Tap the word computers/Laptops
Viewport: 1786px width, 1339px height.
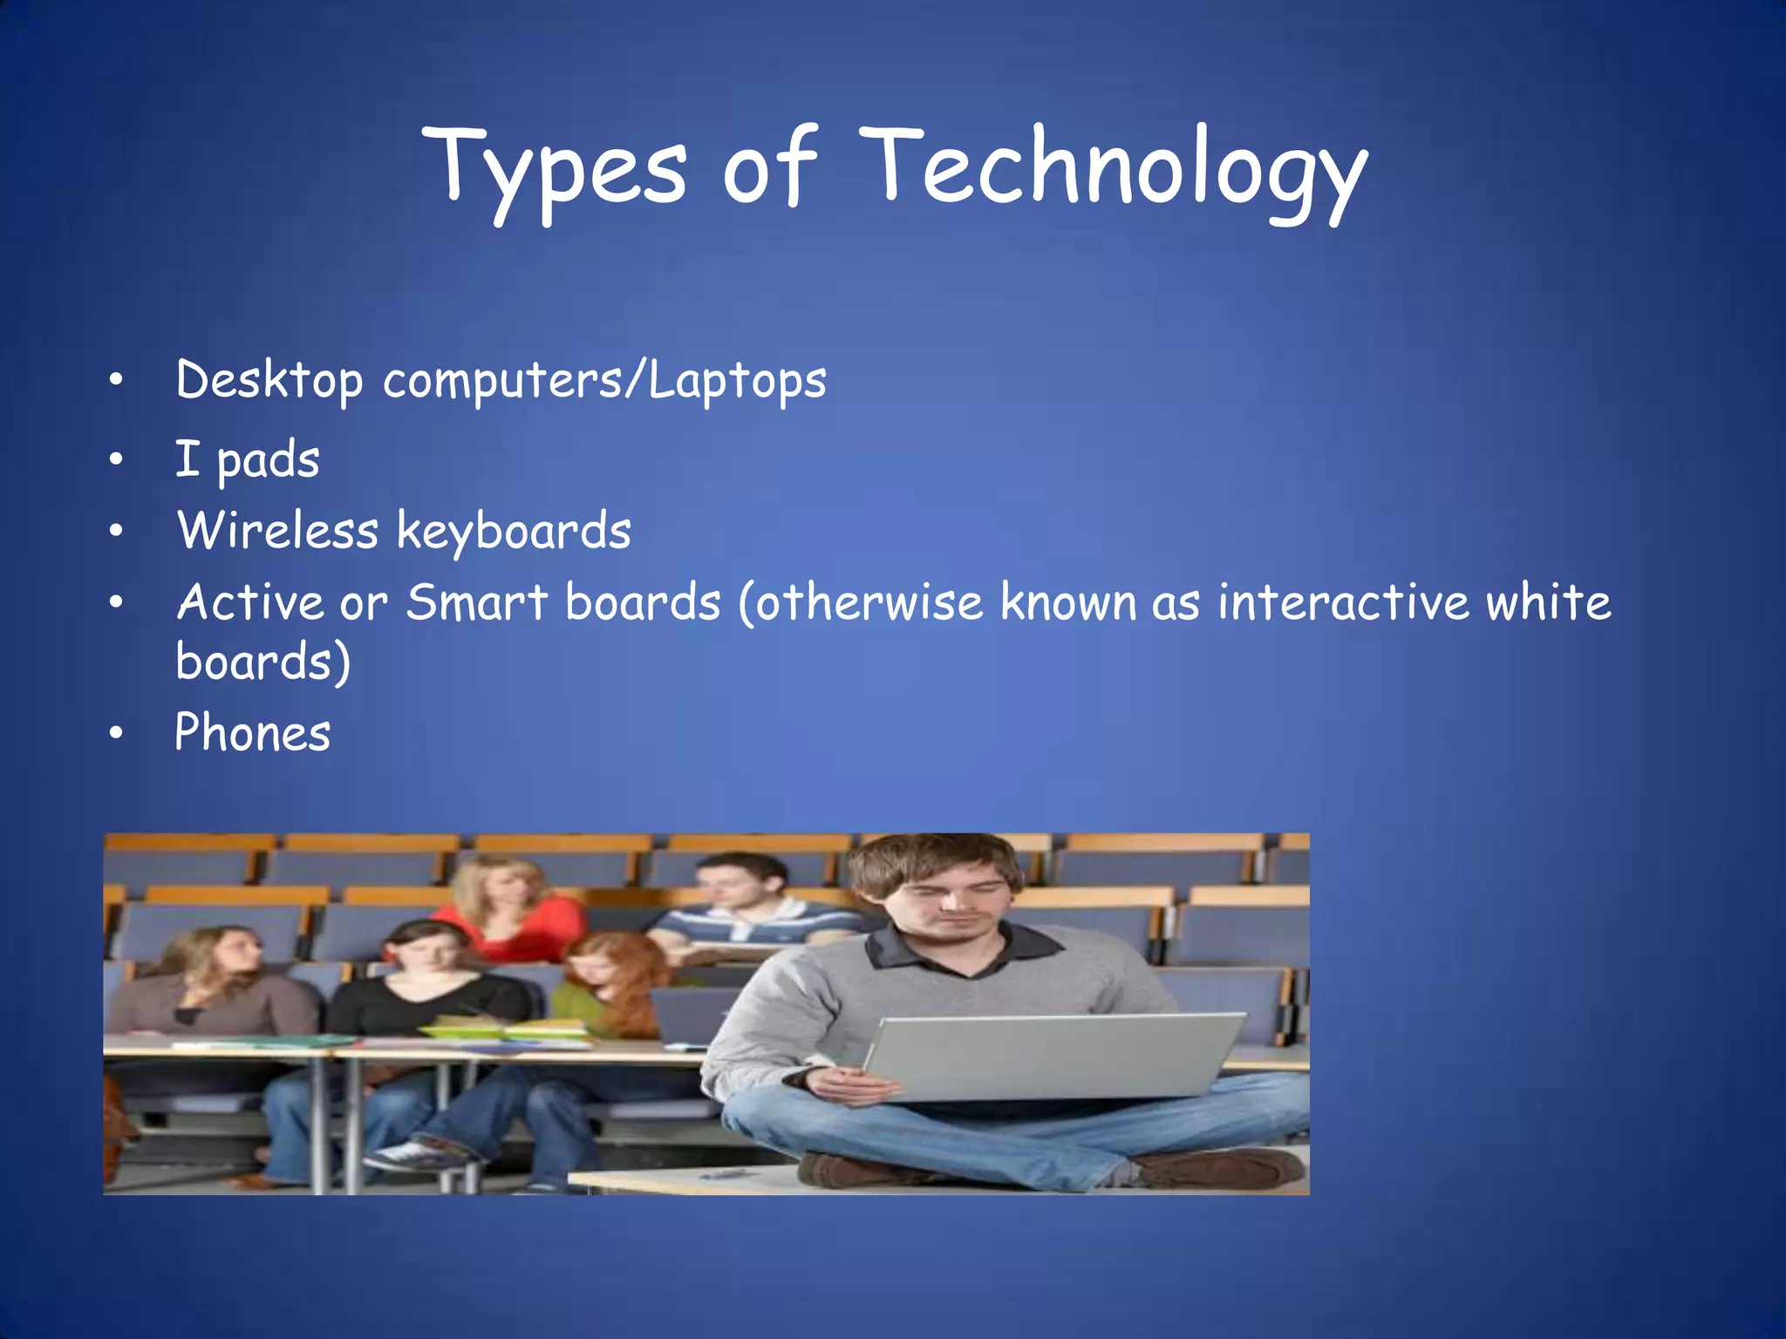click(604, 381)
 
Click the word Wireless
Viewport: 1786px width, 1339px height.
click(278, 530)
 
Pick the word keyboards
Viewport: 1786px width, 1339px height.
click(514, 532)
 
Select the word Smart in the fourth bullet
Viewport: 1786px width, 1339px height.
click(477, 602)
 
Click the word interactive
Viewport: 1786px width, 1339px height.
click(1344, 602)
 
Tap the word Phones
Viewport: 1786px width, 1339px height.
click(253, 732)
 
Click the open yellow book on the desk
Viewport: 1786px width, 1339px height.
click(506, 1030)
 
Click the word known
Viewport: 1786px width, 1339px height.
click(1068, 602)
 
